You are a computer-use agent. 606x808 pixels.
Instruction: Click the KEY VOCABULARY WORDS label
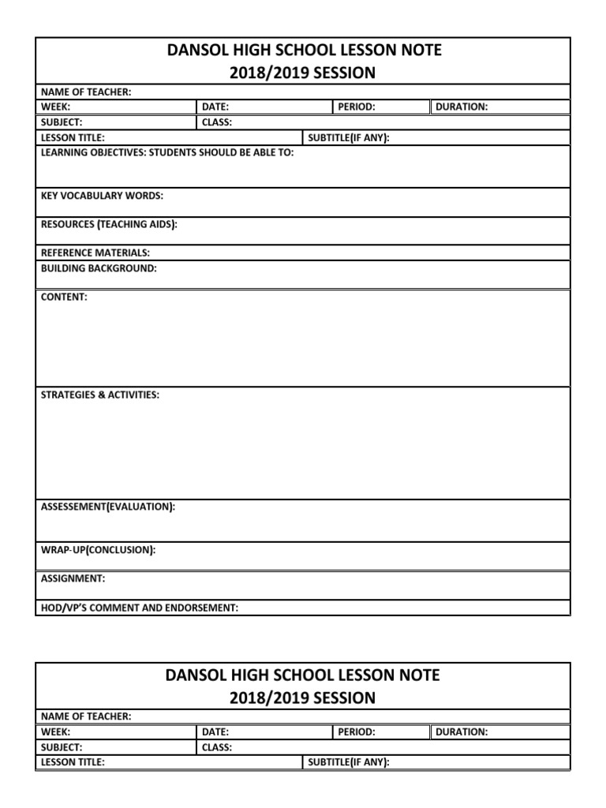tap(103, 196)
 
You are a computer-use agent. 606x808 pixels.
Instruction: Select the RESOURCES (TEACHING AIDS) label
tap(109, 225)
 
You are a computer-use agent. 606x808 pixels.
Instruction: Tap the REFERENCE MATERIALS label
tap(95, 252)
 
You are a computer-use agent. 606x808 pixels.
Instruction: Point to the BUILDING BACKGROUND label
tap(99, 268)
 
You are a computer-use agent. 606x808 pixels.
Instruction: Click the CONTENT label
tap(64, 297)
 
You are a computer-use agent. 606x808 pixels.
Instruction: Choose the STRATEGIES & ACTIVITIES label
tap(99, 395)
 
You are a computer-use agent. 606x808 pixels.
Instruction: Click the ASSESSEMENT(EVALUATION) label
tap(108, 507)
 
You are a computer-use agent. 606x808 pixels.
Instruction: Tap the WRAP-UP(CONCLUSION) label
tap(98, 549)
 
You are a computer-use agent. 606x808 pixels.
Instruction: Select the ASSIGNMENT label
tap(73, 578)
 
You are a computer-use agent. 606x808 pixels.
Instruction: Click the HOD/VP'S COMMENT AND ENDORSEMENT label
tap(140, 608)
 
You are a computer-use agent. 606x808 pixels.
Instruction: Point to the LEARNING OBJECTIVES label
tap(167, 152)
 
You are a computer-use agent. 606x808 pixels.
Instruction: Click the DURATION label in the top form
tap(462, 107)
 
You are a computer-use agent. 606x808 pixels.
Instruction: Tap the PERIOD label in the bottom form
tap(357, 732)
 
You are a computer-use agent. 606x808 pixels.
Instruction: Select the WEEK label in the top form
tap(56, 107)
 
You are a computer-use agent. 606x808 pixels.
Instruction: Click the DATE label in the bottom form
tap(215, 732)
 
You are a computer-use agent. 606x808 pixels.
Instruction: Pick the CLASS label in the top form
tap(217, 122)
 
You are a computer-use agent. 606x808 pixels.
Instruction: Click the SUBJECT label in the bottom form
tap(62, 747)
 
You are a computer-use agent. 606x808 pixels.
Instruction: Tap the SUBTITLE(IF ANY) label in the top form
tap(349, 137)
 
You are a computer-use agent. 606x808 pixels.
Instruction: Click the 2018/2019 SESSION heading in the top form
tap(303, 73)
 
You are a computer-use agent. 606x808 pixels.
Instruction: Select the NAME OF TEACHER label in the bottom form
tap(86, 716)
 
